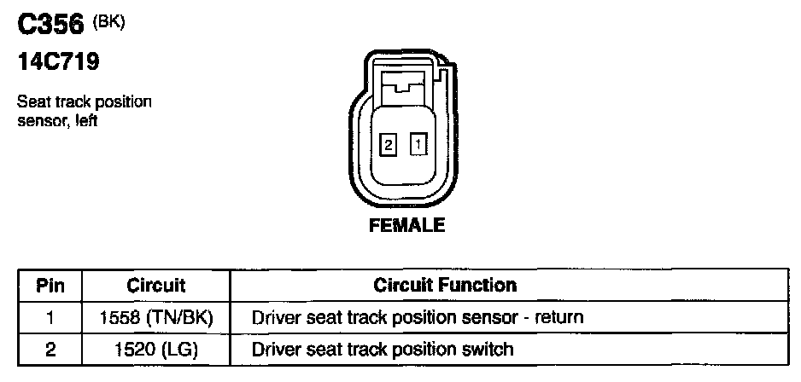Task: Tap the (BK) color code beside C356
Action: tap(109, 22)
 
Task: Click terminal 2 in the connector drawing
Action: tap(389, 146)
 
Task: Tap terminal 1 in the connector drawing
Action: tap(418, 145)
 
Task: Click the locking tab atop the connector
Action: tap(406, 85)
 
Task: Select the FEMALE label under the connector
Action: tap(406, 226)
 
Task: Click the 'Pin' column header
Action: tap(50, 285)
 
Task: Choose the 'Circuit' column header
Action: tap(155, 285)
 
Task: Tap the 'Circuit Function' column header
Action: tap(444, 285)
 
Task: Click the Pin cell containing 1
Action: tap(50, 317)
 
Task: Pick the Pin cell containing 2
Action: tap(50, 348)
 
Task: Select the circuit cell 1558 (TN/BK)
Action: tap(155, 317)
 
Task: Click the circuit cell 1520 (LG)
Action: tap(155, 348)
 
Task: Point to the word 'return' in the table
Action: tap(558, 318)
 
